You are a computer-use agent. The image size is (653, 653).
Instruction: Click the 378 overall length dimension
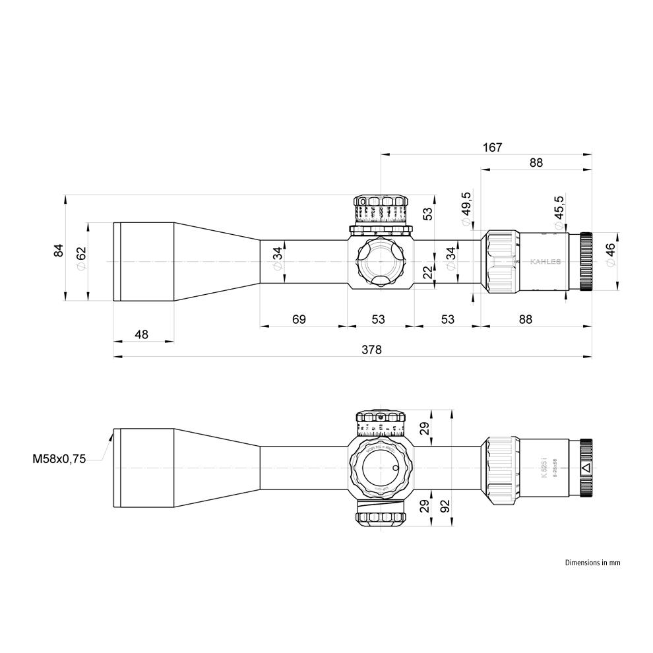pos(371,350)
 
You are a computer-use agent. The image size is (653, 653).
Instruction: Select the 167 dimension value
pos(492,147)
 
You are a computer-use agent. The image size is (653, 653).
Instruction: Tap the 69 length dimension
pos(299,319)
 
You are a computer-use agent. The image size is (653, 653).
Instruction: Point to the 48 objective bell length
pos(141,334)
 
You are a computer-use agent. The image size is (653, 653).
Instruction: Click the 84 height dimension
pos(59,250)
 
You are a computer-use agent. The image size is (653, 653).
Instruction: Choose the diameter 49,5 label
pos(466,208)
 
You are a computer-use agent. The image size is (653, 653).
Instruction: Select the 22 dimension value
pos(428,272)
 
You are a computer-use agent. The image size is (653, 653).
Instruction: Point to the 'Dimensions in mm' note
pos(592,563)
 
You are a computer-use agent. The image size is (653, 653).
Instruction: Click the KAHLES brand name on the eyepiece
pos(545,262)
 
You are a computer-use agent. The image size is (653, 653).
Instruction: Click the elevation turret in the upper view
pos(380,211)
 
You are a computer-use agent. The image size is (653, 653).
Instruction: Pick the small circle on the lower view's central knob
pos(395,468)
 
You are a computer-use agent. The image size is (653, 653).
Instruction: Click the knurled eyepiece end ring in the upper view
pos(585,262)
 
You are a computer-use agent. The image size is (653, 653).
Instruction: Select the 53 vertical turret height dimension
pos(428,214)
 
